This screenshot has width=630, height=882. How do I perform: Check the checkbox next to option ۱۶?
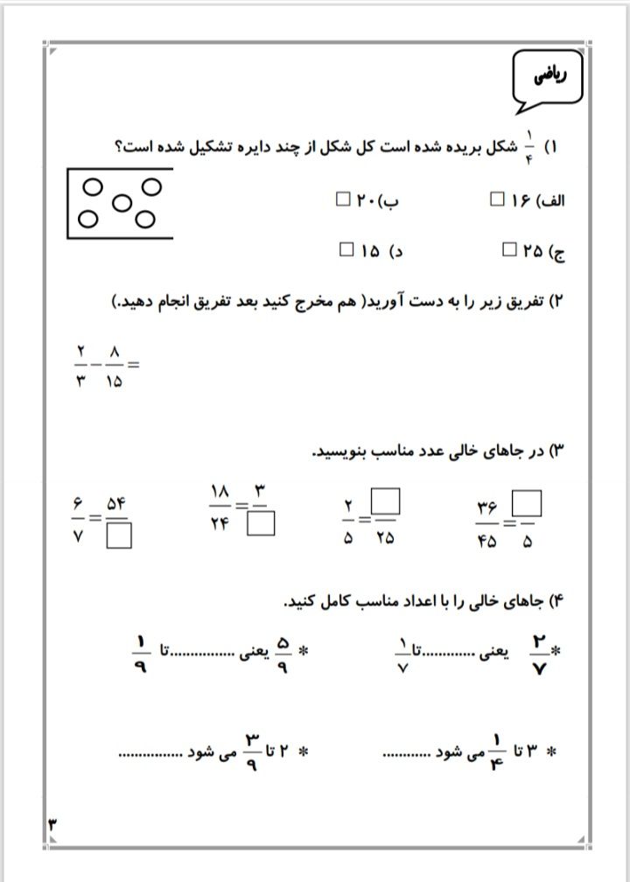pyautogui.click(x=498, y=199)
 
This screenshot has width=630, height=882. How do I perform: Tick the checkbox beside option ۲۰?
pyautogui.click(x=343, y=199)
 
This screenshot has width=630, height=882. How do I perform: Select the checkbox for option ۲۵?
pyautogui.click(x=510, y=251)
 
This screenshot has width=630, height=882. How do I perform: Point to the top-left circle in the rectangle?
pyautogui.click(x=91, y=185)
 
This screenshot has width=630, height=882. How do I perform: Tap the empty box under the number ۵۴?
pyautogui.click(x=120, y=535)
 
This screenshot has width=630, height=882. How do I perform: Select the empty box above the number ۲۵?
pyautogui.click(x=386, y=501)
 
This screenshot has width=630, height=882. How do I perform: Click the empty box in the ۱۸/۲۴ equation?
pyautogui.click(x=261, y=523)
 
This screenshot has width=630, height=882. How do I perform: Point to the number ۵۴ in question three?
pyautogui.click(x=118, y=504)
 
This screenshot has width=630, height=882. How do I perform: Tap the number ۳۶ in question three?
pyautogui.click(x=487, y=507)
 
